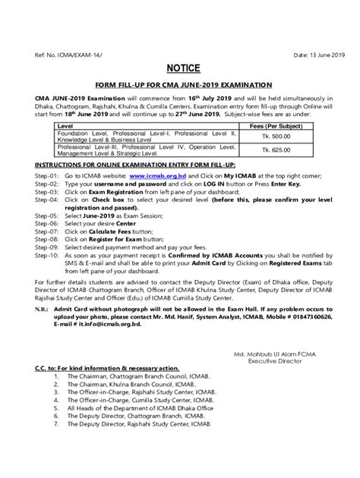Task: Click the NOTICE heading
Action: click(179, 67)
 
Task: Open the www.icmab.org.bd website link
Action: click(156, 173)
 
